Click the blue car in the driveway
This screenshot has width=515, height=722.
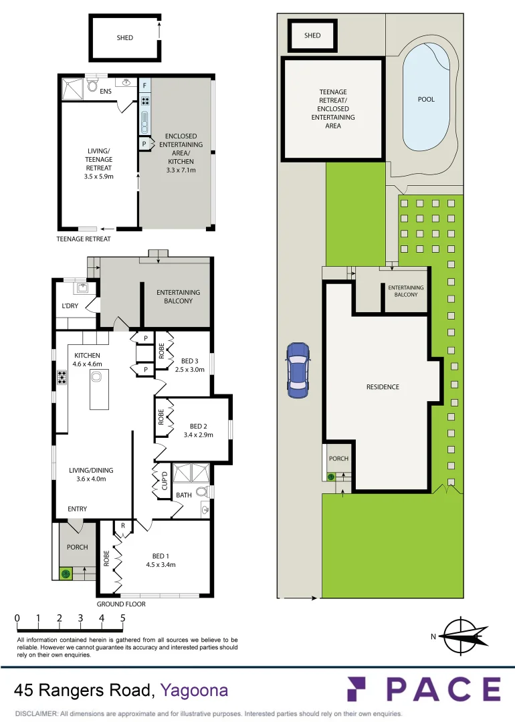tap(297, 370)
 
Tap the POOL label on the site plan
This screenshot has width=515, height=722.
tap(426, 100)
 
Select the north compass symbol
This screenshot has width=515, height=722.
tap(462, 636)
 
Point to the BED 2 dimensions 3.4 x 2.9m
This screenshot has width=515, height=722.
tap(198, 435)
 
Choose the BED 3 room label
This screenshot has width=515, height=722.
tap(193, 361)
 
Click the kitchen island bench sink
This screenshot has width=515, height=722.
tap(96, 377)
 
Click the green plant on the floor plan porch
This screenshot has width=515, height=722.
tap(66, 574)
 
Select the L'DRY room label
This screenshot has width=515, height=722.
tap(70, 306)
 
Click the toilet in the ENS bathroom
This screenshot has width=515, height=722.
tap(92, 86)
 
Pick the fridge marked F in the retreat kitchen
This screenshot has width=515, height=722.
tap(144, 86)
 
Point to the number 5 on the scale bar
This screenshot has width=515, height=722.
tap(123, 618)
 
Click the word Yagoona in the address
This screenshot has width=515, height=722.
tap(194, 690)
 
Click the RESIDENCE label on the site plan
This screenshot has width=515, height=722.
tap(383, 387)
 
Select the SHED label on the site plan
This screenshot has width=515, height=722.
tap(312, 35)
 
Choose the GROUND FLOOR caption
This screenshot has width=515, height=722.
tap(121, 604)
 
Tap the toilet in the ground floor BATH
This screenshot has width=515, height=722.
tap(202, 493)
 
